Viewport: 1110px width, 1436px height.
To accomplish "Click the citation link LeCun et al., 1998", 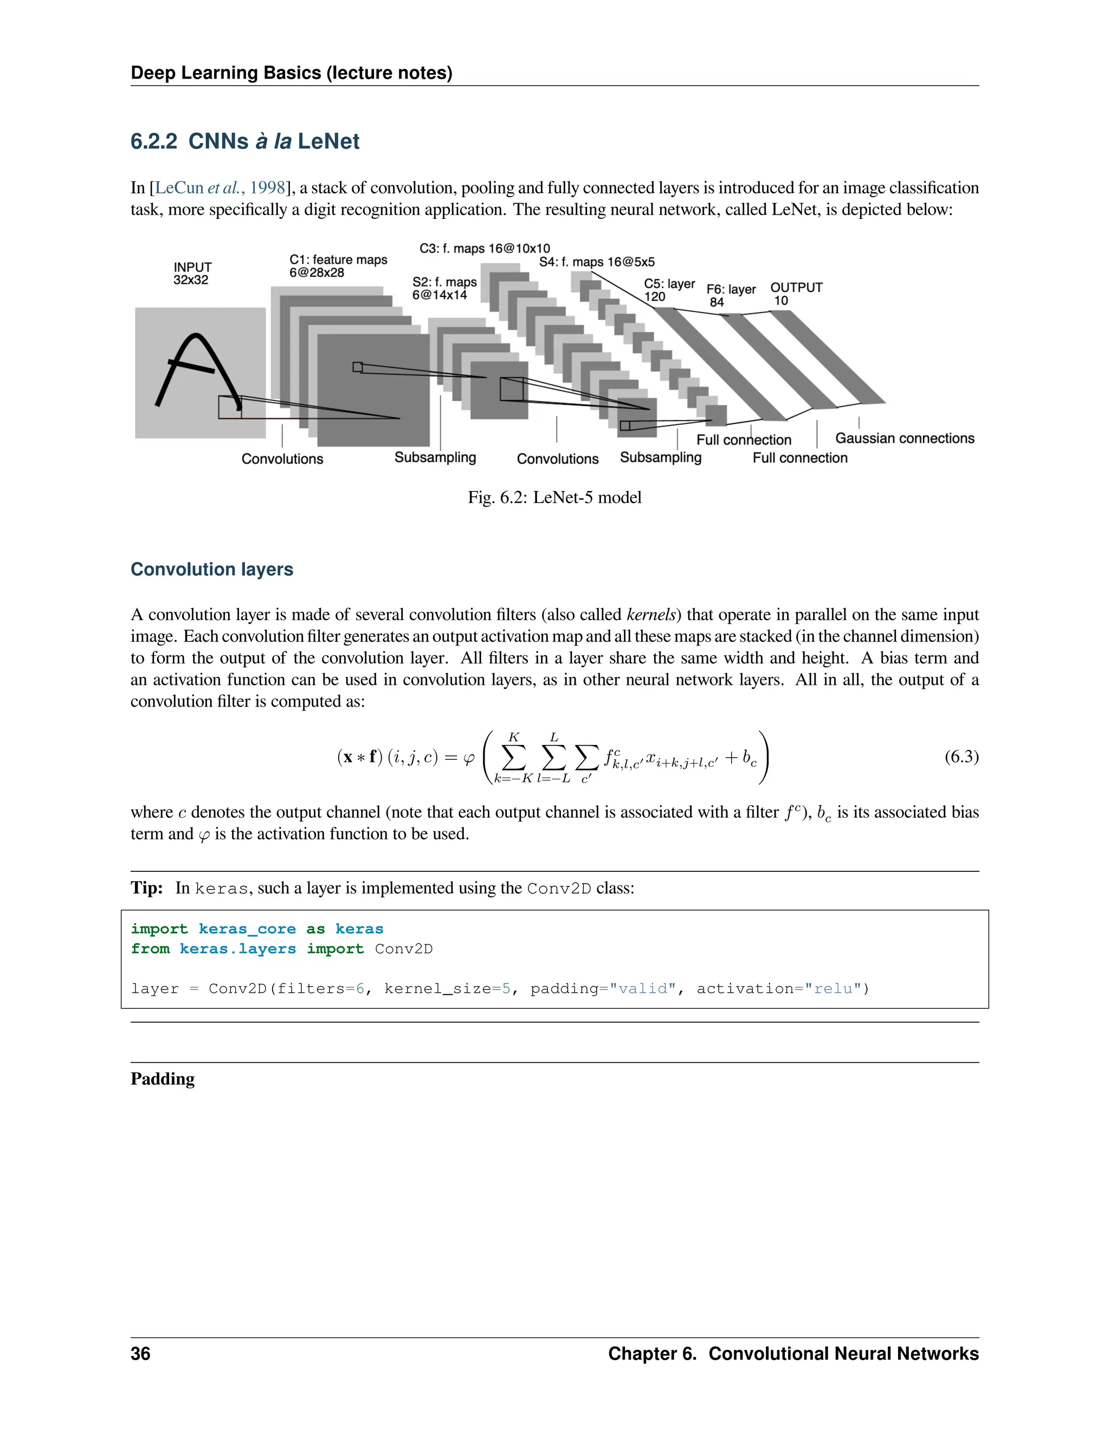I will (x=220, y=188).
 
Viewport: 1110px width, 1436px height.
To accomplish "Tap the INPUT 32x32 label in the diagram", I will (x=192, y=274).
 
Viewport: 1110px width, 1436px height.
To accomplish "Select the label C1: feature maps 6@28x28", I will (x=338, y=266).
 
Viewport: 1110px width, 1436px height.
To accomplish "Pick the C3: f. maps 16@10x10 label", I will (x=485, y=249).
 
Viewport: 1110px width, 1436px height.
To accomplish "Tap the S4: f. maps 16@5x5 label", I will (x=596, y=262).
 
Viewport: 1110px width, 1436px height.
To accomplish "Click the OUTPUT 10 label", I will (x=796, y=294).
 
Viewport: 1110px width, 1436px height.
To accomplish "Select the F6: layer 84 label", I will (x=731, y=296).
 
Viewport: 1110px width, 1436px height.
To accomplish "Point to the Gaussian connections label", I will (x=904, y=438).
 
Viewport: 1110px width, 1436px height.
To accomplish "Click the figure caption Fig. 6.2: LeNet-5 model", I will (x=554, y=497).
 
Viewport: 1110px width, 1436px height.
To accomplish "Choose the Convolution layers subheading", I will (x=212, y=570).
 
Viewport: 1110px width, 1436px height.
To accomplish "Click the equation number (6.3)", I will (x=961, y=757).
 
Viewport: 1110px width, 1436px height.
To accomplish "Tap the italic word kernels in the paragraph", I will (x=650, y=615).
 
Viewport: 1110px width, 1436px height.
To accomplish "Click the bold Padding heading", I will (x=163, y=1079).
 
